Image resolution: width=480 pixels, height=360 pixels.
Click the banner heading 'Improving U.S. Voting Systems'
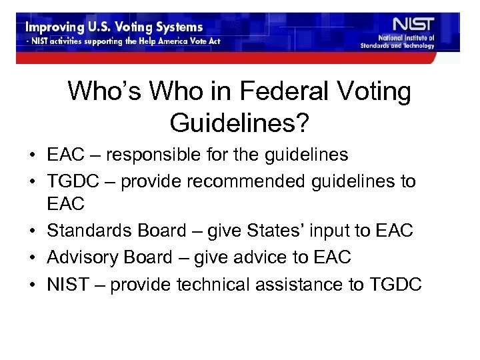(114, 28)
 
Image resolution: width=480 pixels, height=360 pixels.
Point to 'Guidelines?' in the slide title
(239, 122)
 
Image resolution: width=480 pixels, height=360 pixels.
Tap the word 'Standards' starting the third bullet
(89, 231)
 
